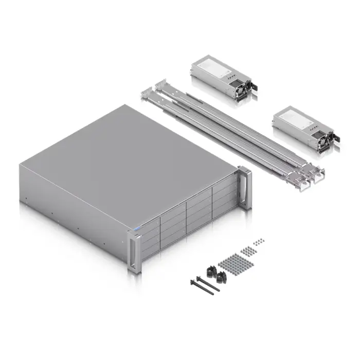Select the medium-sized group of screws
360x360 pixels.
pyautogui.click(x=249, y=251)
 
